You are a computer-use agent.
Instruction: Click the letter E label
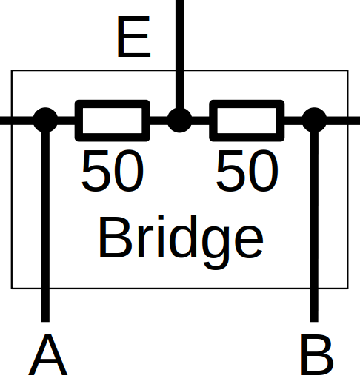[134, 37]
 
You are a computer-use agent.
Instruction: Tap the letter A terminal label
[47, 354]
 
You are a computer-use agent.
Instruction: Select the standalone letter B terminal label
[317, 354]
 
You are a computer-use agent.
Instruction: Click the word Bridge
[181, 242]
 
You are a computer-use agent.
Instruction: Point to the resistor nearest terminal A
[113, 121]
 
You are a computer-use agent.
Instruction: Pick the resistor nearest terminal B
[247, 121]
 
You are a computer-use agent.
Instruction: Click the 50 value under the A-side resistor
[113, 170]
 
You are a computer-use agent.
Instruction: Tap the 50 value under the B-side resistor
[247, 170]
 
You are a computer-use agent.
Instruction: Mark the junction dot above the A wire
[45, 120]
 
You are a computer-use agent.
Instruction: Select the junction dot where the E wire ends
[179, 120]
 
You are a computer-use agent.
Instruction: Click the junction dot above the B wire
[314, 120]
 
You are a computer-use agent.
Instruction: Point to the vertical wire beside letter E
[179, 54]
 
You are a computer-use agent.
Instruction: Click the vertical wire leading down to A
[45, 226]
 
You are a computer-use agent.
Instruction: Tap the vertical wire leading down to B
[314, 226]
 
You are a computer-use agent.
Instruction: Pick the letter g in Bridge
[216, 249]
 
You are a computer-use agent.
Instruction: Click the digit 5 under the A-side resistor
[96, 170]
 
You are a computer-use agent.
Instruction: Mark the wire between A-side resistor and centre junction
[159, 121]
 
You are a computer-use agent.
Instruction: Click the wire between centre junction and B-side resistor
[201, 121]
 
